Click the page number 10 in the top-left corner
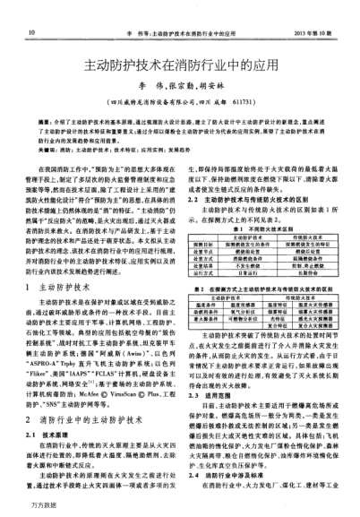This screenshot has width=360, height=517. (32, 9)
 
